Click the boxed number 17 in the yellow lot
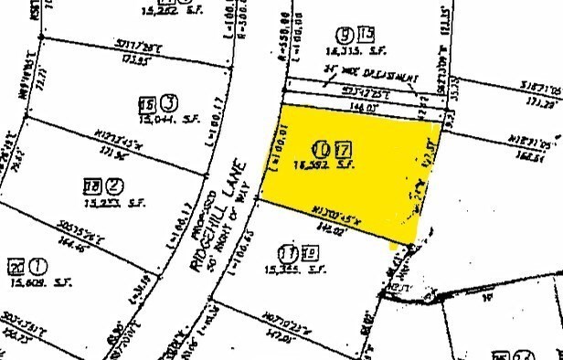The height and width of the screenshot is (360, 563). pos(342,148)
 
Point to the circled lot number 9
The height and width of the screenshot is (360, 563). pos(345,36)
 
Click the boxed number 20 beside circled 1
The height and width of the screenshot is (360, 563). pos(16,267)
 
